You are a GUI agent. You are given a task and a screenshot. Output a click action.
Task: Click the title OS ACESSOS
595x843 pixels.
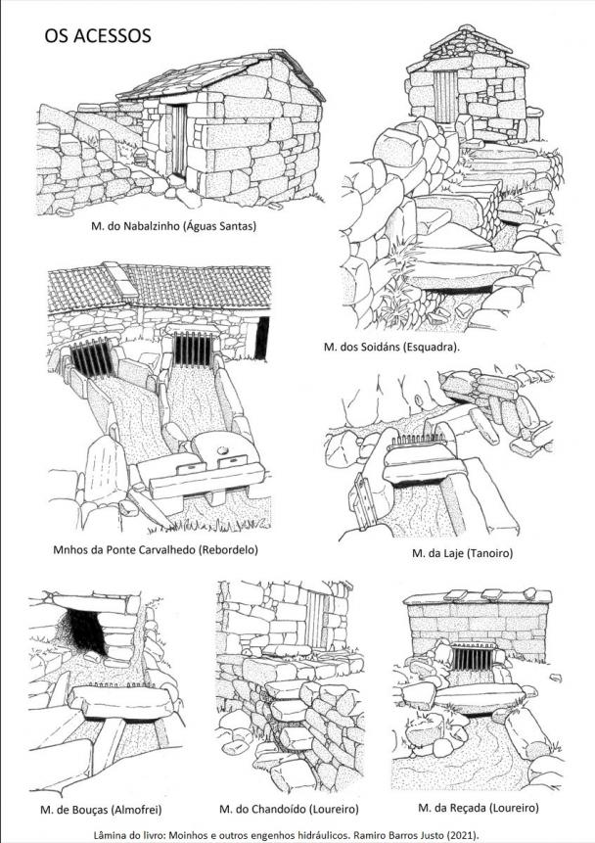[x=97, y=36]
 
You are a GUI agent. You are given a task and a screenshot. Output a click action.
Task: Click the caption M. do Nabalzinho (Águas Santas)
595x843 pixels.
[x=173, y=226]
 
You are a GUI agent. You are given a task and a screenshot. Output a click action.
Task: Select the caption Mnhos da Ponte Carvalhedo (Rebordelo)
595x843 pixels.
[x=156, y=549]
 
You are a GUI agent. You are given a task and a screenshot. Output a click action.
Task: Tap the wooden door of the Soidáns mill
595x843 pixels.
[x=446, y=93]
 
